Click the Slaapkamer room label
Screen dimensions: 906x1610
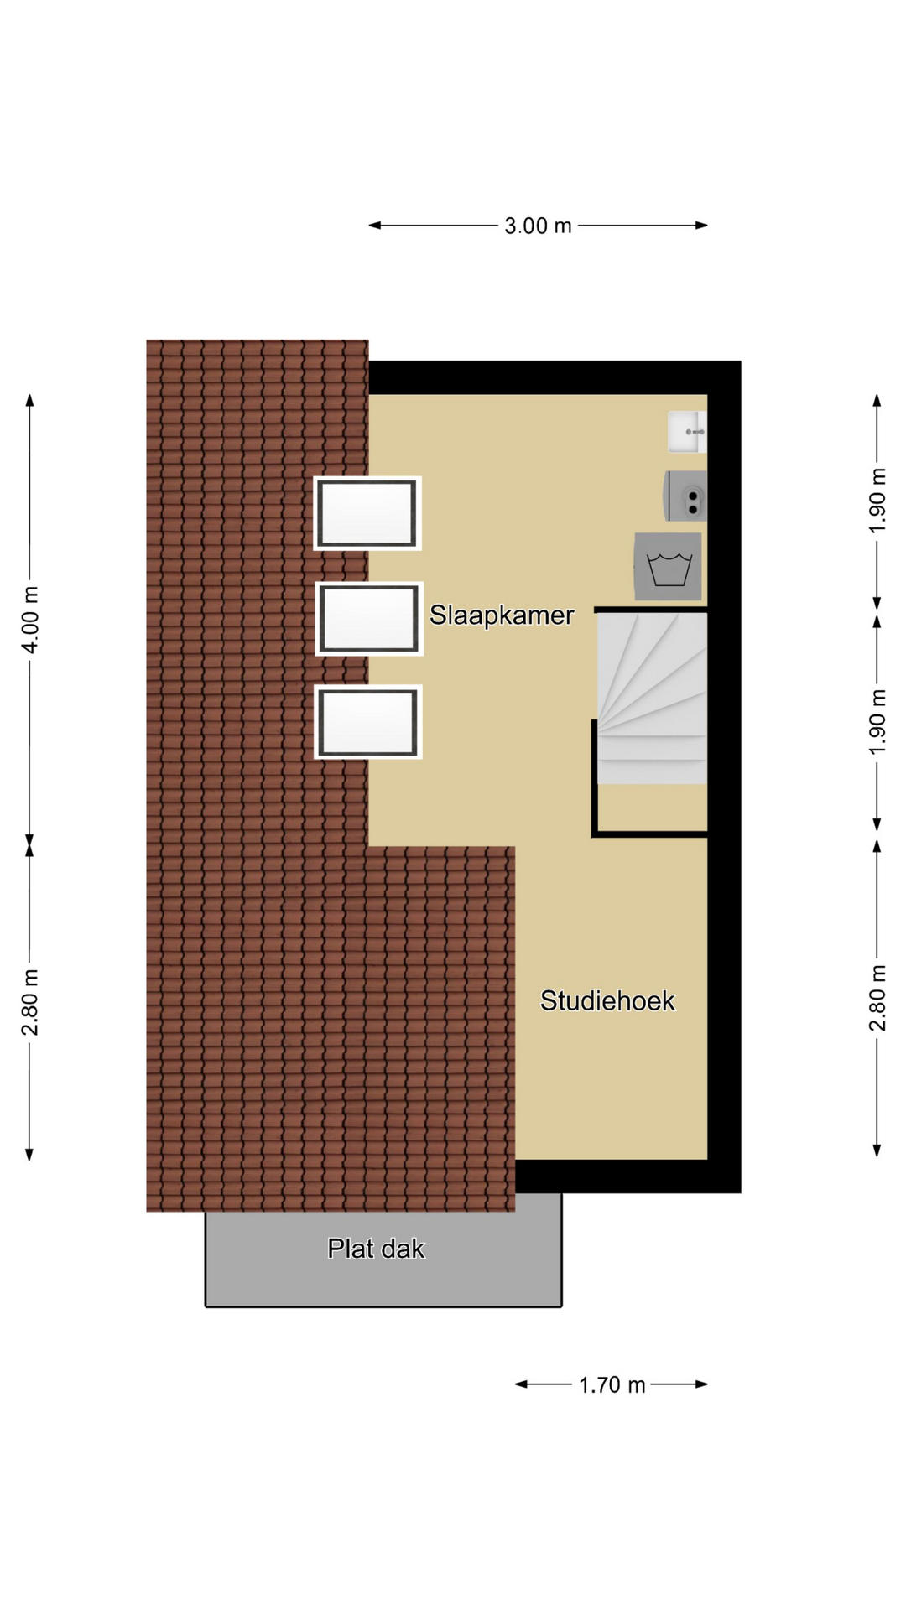pos(502,615)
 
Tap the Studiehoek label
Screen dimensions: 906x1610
pos(607,1000)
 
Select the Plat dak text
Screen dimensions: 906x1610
pos(376,1249)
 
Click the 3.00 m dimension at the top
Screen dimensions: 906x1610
pos(538,226)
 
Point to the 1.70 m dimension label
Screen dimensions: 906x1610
pos(612,1384)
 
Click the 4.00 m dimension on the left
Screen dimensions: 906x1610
pos(30,620)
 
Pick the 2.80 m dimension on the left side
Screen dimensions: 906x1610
pos(30,1001)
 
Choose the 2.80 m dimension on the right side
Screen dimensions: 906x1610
pos(877,998)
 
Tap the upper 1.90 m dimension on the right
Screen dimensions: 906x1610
pos(877,501)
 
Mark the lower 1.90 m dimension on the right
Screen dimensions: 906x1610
pos(877,722)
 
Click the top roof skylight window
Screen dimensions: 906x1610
pos(367,513)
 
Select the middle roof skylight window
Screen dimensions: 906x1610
pos(369,619)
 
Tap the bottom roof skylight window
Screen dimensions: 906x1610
pos(368,722)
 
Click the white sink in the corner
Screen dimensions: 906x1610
pos(687,432)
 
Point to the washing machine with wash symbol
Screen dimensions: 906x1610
pos(668,567)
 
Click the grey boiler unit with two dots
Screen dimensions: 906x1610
pos(686,496)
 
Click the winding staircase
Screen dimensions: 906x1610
pos(652,699)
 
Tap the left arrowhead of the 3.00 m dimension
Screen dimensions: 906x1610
pos(375,226)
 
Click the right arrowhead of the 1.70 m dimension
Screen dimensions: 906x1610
pos(702,1384)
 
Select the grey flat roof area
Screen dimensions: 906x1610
pos(383,1258)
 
